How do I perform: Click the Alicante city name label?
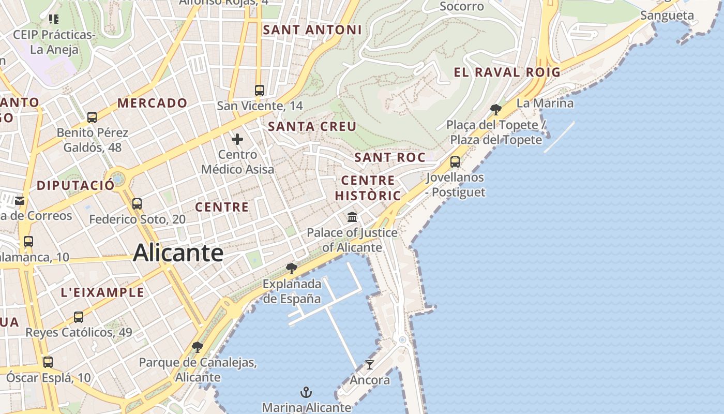click(x=178, y=253)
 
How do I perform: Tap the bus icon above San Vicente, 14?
click(x=260, y=91)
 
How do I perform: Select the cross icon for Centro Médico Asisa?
click(x=237, y=139)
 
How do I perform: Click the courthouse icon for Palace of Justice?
click(x=352, y=217)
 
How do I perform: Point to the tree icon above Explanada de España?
click(x=292, y=268)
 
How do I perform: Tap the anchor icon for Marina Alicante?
click(x=307, y=392)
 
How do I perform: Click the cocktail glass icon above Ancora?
click(x=369, y=365)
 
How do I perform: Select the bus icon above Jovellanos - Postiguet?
click(x=455, y=162)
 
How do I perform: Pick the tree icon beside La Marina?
click(x=495, y=109)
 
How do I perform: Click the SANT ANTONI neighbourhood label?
click(x=312, y=30)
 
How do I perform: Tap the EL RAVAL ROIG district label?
click(x=507, y=72)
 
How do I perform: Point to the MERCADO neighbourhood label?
click(x=152, y=103)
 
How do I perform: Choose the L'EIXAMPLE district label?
click(x=103, y=292)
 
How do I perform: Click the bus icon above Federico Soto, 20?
click(x=137, y=204)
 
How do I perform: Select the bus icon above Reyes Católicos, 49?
click(x=79, y=317)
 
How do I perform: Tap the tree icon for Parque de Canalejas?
click(x=197, y=347)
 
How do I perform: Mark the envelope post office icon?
click(x=20, y=201)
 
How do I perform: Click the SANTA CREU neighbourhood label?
click(x=312, y=126)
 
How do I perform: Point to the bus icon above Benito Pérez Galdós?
click(x=92, y=117)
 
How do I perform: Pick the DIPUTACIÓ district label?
click(x=76, y=185)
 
